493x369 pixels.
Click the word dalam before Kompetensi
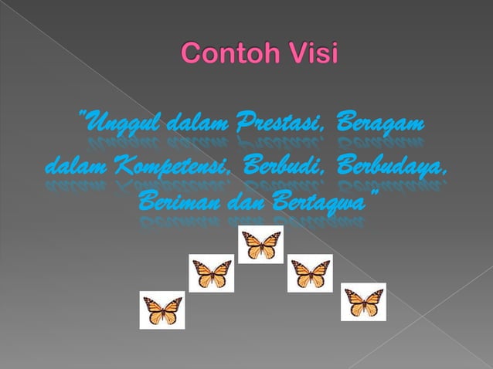78,165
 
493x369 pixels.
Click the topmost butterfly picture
260,245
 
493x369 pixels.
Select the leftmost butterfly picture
162,310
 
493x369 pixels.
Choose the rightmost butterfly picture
363,301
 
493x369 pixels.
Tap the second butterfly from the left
212,273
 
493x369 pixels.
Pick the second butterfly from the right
310,273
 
